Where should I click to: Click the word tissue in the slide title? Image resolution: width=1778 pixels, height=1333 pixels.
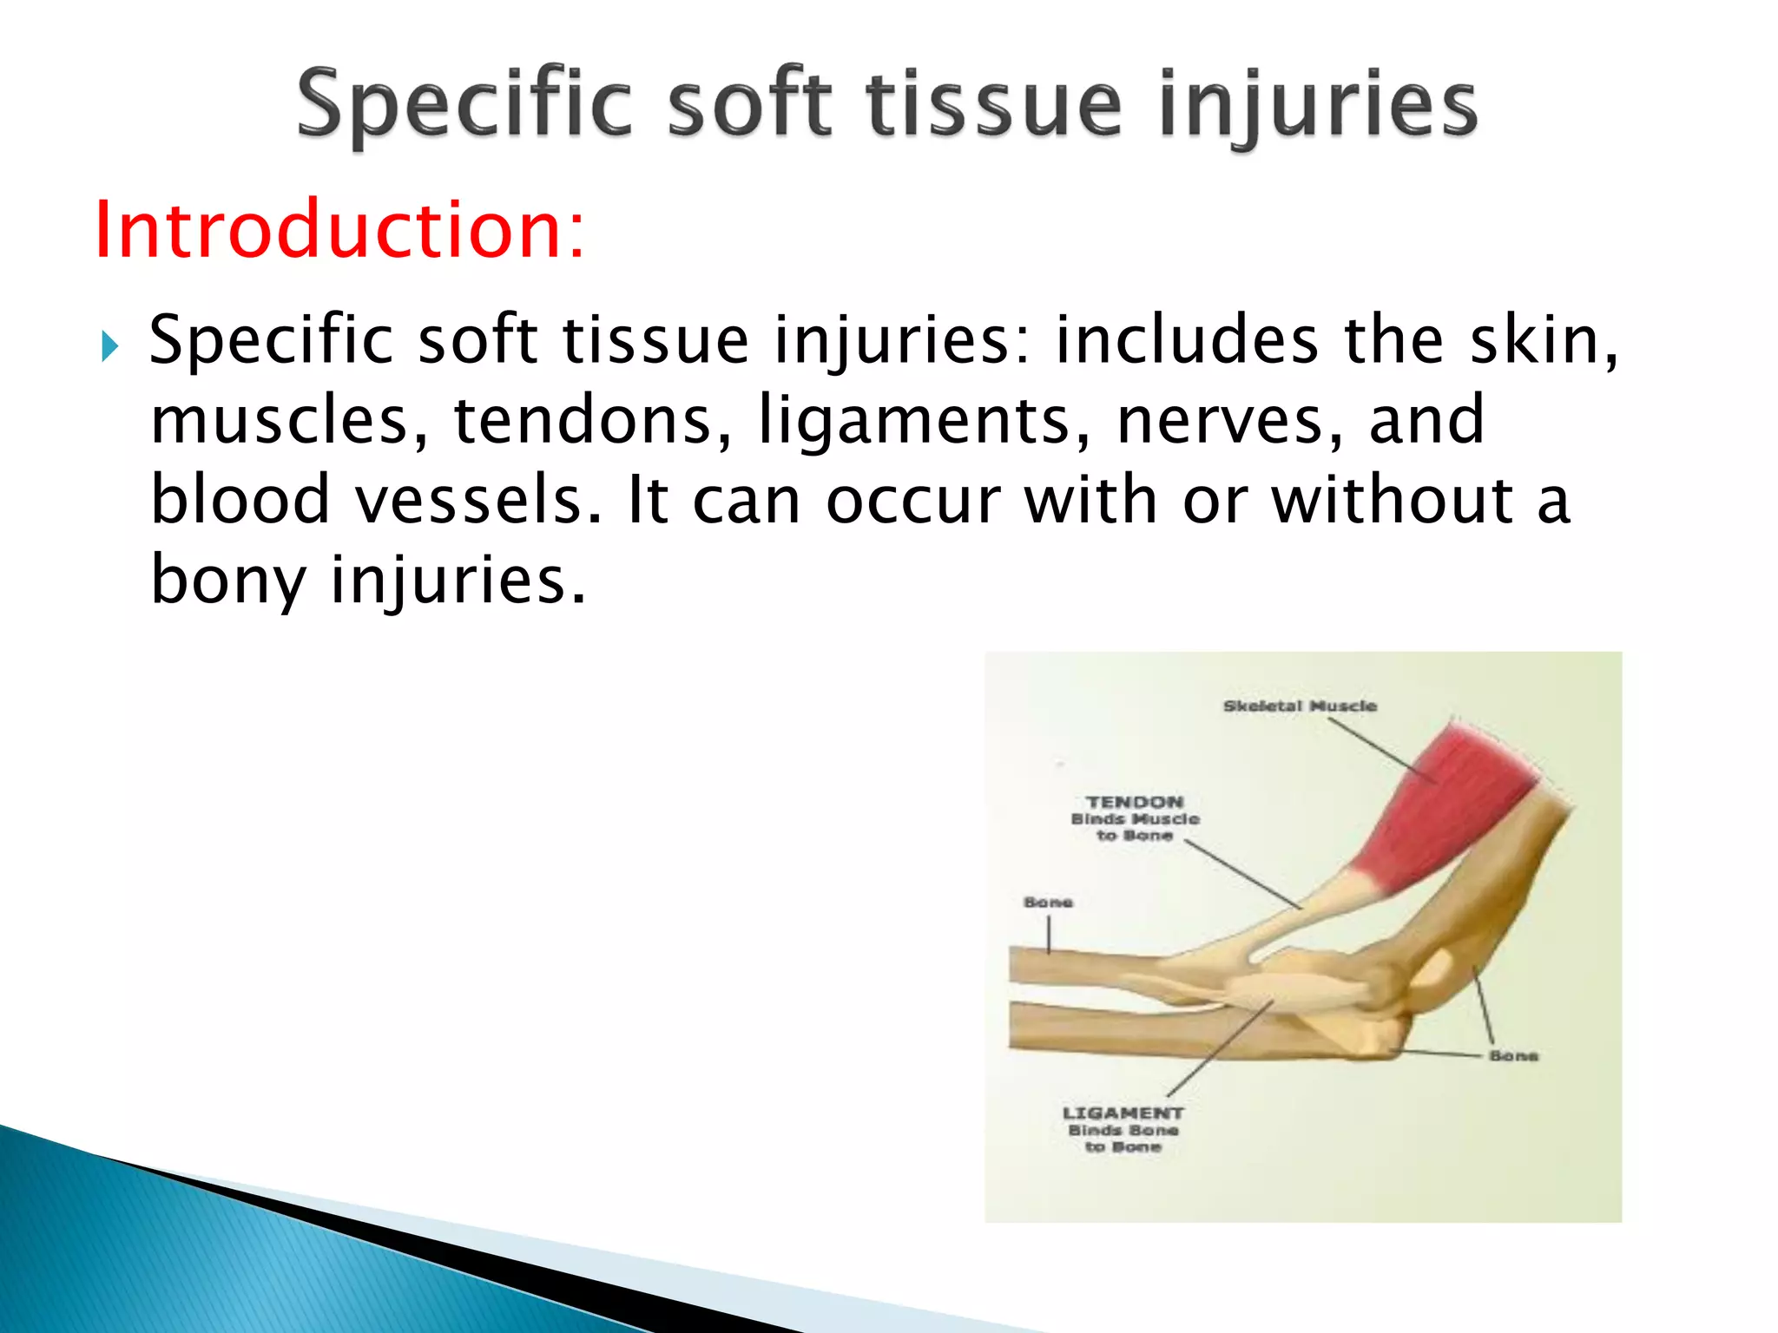pyautogui.click(x=995, y=106)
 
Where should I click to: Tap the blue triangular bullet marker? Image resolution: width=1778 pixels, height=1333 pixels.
pyautogui.click(x=109, y=346)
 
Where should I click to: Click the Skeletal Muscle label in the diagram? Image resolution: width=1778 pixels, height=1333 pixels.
pyautogui.click(x=1300, y=706)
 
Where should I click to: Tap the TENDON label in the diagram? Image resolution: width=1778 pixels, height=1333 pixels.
pyautogui.click(x=1135, y=803)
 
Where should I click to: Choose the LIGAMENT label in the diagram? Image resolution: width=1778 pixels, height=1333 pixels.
pyautogui.click(x=1123, y=1113)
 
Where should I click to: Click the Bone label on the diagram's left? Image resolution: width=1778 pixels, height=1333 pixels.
pyautogui.click(x=1048, y=903)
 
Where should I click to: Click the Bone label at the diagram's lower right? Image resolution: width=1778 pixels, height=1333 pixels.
pyautogui.click(x=1513, y=1056)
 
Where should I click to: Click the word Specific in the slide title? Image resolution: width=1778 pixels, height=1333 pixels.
pyautogui.click(x=464, y=106)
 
